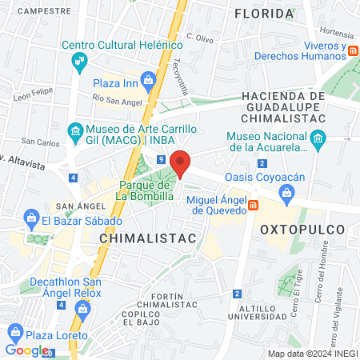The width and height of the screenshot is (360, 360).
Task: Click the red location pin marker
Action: click(x=181, y=162)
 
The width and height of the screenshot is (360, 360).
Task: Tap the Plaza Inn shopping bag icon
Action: click(x=148, y=79)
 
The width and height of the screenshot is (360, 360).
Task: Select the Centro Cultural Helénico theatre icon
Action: click(x=78, y=60)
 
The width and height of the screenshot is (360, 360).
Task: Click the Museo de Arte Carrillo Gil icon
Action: click(x=75, y=130)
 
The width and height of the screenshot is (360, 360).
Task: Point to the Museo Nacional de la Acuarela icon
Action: click(x=318, y=141)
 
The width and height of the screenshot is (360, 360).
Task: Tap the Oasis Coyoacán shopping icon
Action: click(x=287, y=192)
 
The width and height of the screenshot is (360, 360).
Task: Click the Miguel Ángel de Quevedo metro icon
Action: click(x=254, y=205)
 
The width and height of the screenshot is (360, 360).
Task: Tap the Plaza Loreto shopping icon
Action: click(x=14, y=331)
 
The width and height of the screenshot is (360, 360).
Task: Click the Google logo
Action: click(x=26, y=350)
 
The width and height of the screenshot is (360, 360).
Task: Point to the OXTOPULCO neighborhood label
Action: click(x=302, y=229)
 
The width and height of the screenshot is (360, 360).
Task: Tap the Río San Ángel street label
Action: click(x=117, y=98)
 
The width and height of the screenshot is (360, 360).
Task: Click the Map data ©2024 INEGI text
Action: click(x=312, y=354)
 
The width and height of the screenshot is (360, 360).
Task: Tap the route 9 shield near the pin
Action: click(x=162, y=160)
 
